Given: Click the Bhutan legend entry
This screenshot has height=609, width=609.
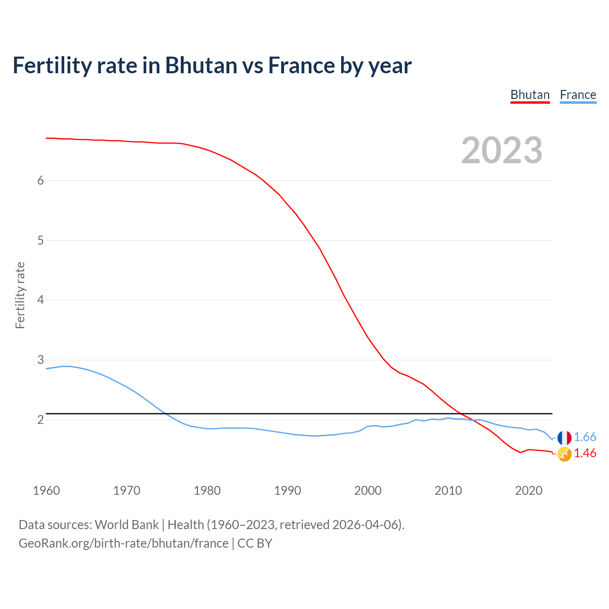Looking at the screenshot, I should pos(530,95).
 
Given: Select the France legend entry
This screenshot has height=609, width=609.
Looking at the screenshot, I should pos(578,95).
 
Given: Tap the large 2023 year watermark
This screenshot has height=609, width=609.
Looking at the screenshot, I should pos(502,150).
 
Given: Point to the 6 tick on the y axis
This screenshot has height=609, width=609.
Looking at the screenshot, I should pos(40,180).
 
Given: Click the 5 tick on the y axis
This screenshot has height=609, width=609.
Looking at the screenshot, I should pos(40,240).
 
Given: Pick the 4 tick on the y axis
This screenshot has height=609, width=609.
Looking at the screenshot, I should pos(40,300).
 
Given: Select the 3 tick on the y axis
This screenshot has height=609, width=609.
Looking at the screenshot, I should pos(40,360).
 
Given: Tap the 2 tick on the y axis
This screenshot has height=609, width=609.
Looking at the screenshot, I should pos(40,420).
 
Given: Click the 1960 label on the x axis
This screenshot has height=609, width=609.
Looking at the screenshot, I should pos(46,491).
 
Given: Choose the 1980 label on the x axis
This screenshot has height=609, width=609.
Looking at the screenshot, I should pos(207,491).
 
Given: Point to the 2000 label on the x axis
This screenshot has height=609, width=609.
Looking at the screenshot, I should pos(368,491).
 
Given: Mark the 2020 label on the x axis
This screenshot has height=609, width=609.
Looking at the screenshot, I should pos(529,491).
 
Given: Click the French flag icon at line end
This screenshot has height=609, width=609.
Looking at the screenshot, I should pos(564,438).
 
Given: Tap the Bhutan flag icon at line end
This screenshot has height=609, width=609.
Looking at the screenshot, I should pos(564,454).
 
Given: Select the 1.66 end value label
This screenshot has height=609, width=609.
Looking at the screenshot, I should pos(585,437).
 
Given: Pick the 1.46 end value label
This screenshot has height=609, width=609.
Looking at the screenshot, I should pos(585,453).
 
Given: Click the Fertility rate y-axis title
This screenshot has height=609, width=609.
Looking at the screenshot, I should pos(20,295).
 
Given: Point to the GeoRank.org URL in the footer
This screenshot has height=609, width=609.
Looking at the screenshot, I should pos(124,543).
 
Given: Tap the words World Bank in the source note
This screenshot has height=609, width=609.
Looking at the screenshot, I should pos(127,525).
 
